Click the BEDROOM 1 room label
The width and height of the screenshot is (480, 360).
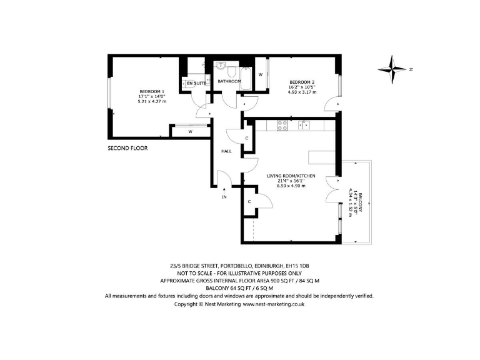click(153, 91)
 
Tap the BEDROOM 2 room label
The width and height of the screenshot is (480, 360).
click(302, 82)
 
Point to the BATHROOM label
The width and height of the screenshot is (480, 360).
click(229, 81)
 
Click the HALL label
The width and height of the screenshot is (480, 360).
click(226, 151)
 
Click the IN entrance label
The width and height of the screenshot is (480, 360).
click(225, 197)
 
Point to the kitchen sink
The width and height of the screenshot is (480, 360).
click(304, 124)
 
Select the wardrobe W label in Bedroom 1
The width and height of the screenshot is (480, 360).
click(189, 132)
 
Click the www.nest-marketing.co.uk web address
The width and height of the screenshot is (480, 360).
click(273, 304)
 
